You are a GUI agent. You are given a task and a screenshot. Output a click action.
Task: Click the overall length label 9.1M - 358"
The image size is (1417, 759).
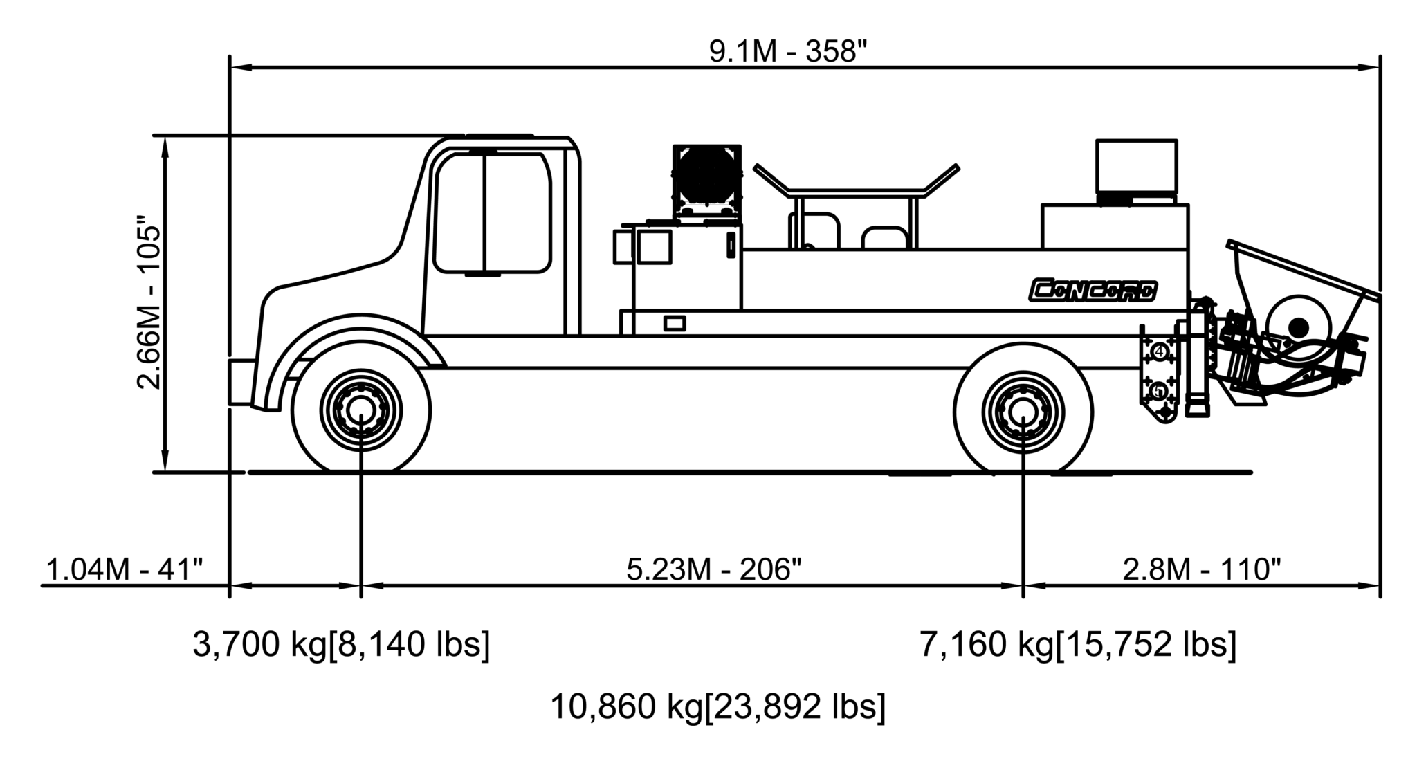[x=787, y=52]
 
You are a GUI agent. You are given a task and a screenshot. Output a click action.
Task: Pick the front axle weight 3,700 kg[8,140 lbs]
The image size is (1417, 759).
[x=340, y=644]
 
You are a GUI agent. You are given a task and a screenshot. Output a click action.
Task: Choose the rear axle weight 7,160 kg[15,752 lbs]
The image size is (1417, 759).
[x=1077, y=644]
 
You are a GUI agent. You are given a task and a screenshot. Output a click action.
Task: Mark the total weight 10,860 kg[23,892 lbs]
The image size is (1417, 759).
[x=717, y=706]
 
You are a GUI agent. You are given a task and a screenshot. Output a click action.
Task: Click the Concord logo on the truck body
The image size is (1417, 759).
[x=1093, y=291]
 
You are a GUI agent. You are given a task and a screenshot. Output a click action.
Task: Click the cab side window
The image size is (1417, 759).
[x=492, y=212]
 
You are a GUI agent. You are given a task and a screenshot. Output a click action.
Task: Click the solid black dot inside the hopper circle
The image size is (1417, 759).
[x=1299, y=325]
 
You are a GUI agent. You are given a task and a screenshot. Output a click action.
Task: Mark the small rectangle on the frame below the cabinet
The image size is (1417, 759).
[x=674, y=322]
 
